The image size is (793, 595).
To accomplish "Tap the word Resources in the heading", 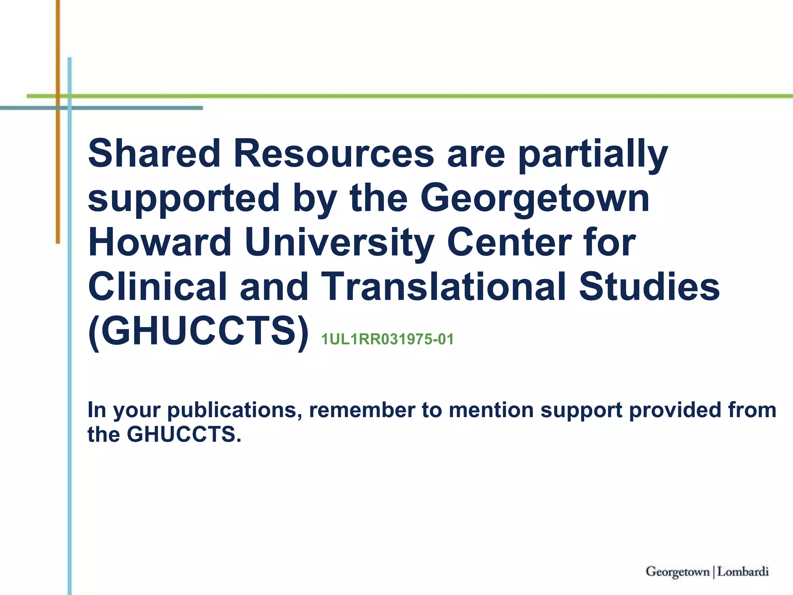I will click(334, 153).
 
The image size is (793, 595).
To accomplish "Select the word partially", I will click(593, 155).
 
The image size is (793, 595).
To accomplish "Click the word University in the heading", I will click(339, 243).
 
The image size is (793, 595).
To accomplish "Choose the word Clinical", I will click(157, 287).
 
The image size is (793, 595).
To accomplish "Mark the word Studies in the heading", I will click(649, 287).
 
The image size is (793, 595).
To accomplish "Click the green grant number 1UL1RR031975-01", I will click(387, 339).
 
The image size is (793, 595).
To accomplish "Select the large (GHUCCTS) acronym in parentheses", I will click(199, 332).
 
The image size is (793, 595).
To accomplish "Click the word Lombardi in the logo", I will click(743, 572).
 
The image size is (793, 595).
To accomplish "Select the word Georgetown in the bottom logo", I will click(678, 572).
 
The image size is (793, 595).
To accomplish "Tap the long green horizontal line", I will click(426, 96).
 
